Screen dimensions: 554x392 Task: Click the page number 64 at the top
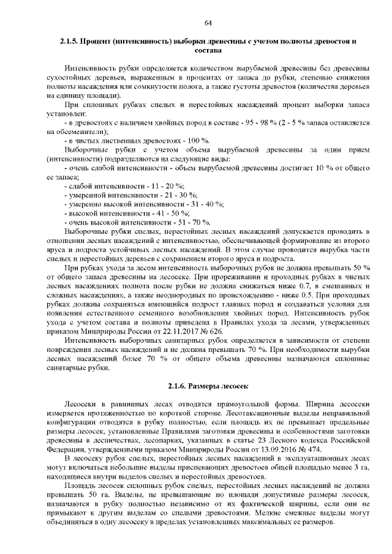[x=208, y=23]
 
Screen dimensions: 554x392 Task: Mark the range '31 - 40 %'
[x=207, y=204]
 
